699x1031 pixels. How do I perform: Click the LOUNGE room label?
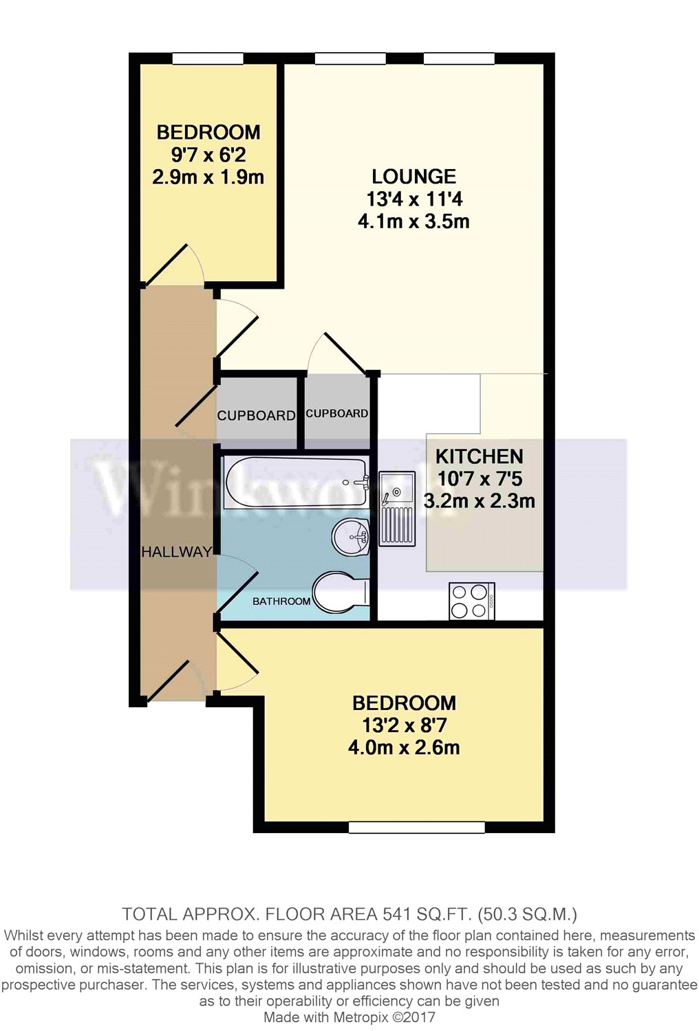[413, 177]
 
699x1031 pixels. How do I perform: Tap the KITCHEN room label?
[479, 456]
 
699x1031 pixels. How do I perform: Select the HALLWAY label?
[176, 552]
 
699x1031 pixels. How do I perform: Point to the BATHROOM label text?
[281, 601]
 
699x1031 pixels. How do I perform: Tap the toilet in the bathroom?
[340, 592]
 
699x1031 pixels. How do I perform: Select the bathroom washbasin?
[352, 535]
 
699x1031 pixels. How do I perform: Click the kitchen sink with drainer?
[397, 509]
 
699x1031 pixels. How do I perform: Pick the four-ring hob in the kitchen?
[471, 601]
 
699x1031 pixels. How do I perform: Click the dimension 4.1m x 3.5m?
[413, 222]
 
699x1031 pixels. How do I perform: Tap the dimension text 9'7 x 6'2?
[208, 155]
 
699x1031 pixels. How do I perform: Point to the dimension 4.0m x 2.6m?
[404, 748]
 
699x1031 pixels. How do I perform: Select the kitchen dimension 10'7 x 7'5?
[480, 479]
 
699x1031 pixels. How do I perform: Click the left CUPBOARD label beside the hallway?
[256, 416]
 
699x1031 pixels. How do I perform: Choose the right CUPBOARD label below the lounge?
[336, 414]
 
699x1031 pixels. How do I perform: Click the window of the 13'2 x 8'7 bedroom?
[416, 828]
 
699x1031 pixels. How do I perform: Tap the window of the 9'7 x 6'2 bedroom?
[207, 59]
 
